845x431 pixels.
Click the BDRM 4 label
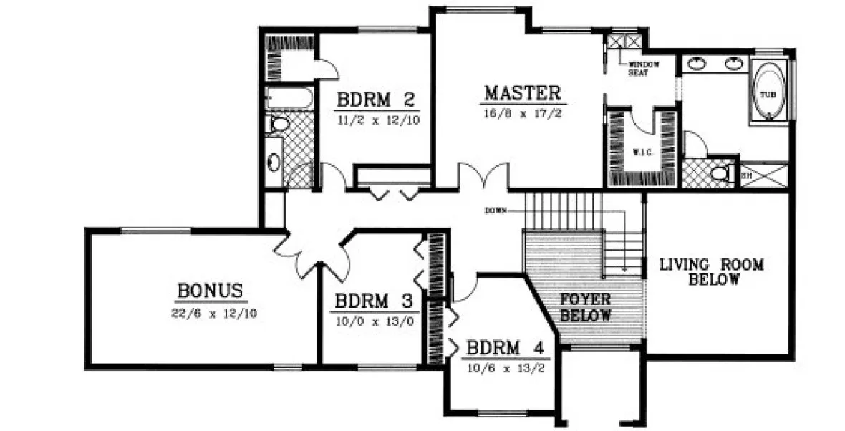[506, 349]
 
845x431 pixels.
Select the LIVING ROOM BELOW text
[711, 272]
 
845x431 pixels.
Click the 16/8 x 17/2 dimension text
[521, 112]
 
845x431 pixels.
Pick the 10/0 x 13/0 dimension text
[375, 321]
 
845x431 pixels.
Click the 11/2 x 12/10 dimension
[377, 119]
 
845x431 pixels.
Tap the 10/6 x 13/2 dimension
[506, 368]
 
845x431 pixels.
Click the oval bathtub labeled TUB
[768, 93]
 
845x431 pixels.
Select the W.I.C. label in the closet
[641, 152]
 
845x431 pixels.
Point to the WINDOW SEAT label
[642, 69]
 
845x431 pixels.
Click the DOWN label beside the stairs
[496, 210]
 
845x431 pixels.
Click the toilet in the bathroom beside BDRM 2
[278, 125]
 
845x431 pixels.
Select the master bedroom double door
[483, 176]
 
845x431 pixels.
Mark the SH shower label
[745, 175]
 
